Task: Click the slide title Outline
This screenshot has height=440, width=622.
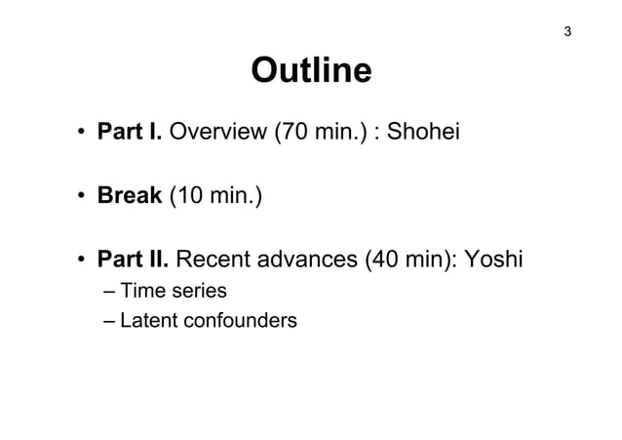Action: [x=311, y=71]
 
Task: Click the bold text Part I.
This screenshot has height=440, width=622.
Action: [x=130, y=133]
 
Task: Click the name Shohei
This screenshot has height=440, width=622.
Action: [x=428, y=133]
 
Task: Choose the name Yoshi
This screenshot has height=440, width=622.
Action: [x=494, y=261]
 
